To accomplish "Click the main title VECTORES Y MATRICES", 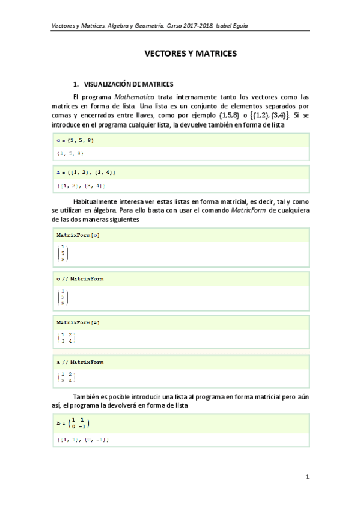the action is pos(191,54).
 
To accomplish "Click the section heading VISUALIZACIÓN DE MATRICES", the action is pos(128,85).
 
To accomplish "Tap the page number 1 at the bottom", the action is pos(307,477).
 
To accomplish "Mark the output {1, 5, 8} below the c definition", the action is pos(67,154).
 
